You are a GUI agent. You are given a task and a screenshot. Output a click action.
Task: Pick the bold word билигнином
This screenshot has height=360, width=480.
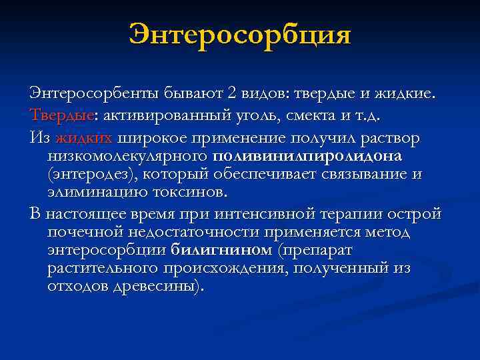point(222,251)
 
